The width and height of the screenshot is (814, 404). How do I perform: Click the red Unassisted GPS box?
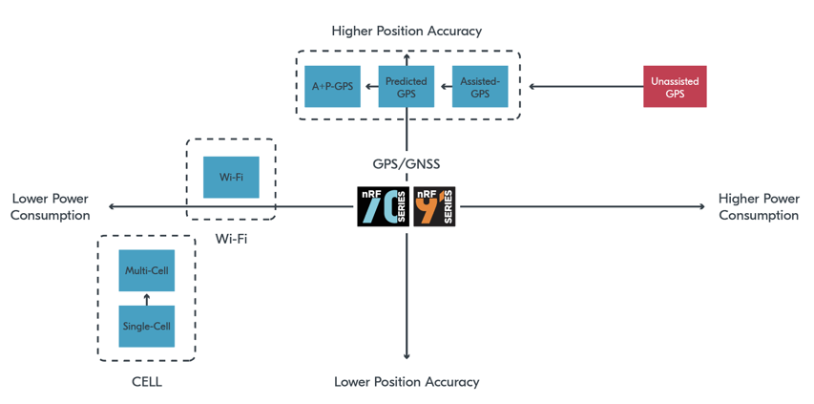(x=675, y=87)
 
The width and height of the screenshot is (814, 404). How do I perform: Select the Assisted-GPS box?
(x=480, y=87)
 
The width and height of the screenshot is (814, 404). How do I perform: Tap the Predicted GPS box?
(x=407, y=87)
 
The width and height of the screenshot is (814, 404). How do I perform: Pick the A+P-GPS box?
(x=332, y=87)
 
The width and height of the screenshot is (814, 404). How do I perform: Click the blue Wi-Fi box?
(x=231, y=178)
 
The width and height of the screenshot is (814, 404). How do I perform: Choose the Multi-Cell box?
(x=147, y=271)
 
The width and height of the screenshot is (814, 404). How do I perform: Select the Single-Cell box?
(x=147, y=327)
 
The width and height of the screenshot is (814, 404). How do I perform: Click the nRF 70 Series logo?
(x=383, y=206)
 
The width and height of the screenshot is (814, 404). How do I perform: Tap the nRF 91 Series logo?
(x=435, y=206)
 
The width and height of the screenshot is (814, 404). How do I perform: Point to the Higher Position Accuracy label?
(x=407, y=31)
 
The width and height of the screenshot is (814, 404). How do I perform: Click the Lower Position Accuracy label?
(x=407, y=382)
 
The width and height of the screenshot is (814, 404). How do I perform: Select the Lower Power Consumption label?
(x=51, y=207)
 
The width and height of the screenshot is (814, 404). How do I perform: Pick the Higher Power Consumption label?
(x=759, y=207)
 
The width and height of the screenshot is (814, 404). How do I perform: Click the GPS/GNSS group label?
(x=407, y=164)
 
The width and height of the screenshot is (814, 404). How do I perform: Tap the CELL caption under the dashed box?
(x=147, y=382)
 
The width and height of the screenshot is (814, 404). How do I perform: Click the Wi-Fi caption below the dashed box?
(x=232, y=239)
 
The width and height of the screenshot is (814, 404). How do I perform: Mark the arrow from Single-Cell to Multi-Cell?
(x=147, y=299)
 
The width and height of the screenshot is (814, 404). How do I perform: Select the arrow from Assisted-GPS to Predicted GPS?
(x=443, y=87)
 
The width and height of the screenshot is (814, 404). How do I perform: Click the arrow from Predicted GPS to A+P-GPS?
(x=369, y=87)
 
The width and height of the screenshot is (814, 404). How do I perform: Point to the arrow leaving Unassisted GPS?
(x=586, y=87)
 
